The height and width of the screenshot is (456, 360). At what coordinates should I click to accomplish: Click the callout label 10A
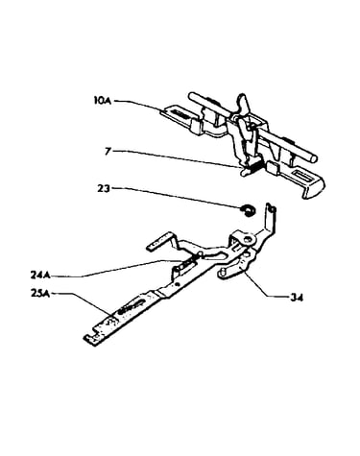coord(102,101)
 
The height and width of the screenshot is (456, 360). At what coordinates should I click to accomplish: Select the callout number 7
coord(108,151)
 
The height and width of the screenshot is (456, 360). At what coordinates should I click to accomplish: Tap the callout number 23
coord(104,188)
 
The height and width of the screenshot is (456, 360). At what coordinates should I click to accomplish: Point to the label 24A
coord(40,275)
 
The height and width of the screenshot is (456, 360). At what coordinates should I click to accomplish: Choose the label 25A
coord(40,293)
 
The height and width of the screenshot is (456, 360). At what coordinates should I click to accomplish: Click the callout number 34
coord(296,298)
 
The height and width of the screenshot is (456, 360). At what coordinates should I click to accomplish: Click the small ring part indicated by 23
coord(248,210)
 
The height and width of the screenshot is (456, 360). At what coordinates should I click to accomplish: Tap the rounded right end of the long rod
coord(315,157)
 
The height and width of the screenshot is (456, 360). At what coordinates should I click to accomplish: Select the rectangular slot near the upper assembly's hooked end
coord(302,176)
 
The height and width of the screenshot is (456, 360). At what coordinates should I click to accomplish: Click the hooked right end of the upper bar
coord(315,190)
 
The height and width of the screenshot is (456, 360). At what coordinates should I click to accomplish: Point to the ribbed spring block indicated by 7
coord(254,167)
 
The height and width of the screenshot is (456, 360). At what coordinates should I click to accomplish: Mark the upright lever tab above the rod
coord(242,103)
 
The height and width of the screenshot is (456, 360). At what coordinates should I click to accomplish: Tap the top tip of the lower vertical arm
coord(271,206)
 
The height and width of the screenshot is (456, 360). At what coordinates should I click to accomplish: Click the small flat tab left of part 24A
coord(159,242)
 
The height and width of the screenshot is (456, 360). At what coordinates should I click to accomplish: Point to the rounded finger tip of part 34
coord(222,274)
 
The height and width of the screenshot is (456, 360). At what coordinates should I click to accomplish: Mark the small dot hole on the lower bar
coord(178,283)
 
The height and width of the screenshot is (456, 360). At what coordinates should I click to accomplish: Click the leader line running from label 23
coord(177,198)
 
